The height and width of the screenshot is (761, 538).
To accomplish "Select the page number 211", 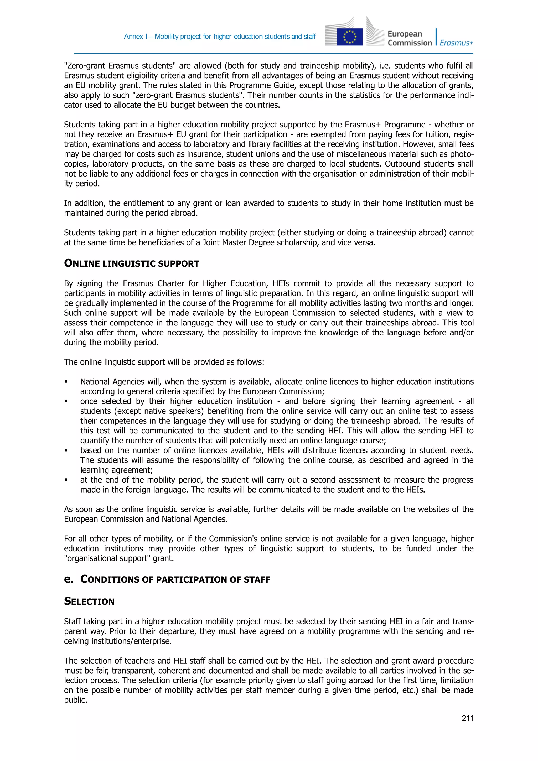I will click(467, 718).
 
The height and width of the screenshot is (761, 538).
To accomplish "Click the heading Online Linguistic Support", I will click(132, 263).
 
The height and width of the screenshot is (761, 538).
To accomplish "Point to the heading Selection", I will click(89, 602).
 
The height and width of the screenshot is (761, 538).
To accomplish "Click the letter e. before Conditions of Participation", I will click(69, 579).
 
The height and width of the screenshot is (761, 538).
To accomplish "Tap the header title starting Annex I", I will click(219, 37).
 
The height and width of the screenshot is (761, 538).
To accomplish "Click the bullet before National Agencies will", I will click(66, 382).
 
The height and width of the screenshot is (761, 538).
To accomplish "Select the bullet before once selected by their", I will click(66, 402).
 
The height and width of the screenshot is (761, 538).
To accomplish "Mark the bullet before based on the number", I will click(66, 451).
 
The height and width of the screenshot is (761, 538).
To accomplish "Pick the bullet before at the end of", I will click(66, 480).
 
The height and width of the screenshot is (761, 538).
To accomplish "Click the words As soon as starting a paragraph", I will click(83, 509).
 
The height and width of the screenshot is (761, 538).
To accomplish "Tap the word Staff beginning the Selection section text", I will click(72, 622).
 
